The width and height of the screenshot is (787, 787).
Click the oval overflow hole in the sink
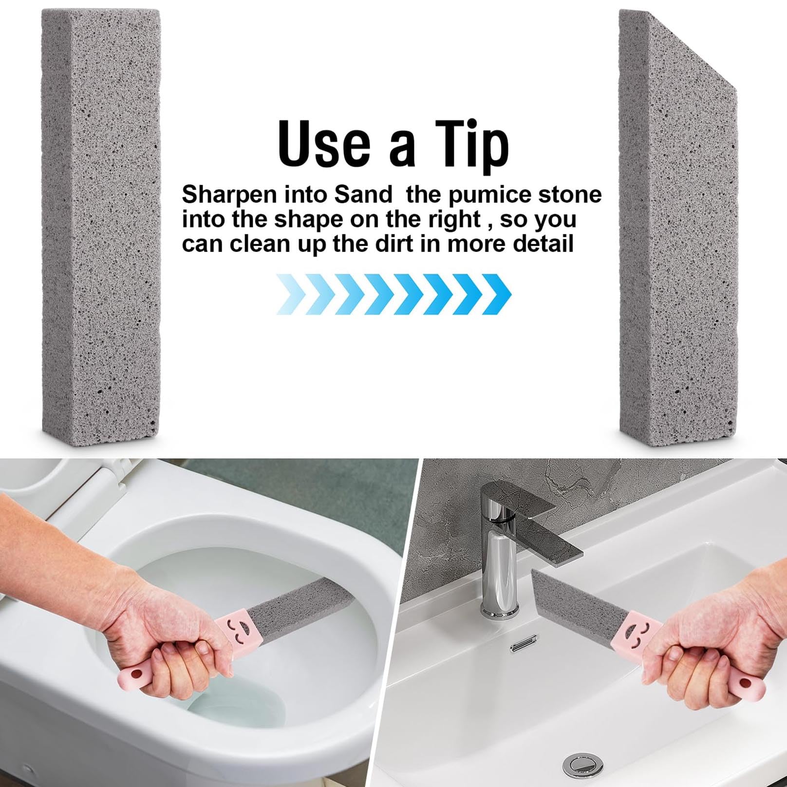tap(524, 646)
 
